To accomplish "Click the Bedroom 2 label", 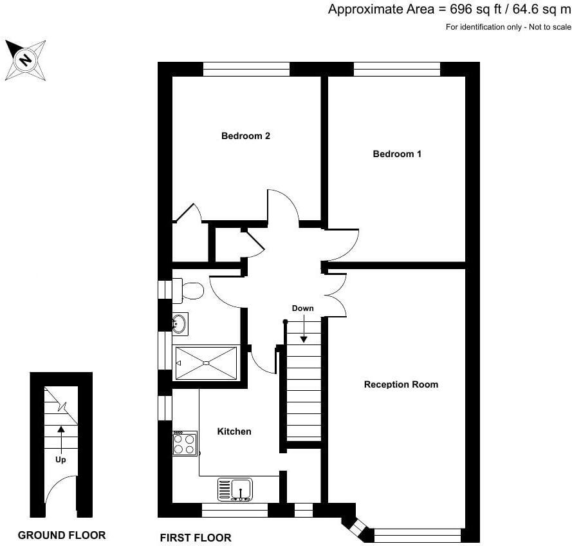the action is pos(245,136).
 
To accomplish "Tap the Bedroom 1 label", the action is pos(397,154).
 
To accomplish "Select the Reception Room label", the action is pos(401,384).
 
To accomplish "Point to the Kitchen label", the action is pos(234,431).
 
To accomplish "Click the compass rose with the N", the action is pos(26,61).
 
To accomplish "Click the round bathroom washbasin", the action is pos(180,324).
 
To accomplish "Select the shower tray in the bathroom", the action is pos(205,363).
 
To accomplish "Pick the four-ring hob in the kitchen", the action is pos(185,444).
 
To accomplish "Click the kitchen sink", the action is pos(235,488).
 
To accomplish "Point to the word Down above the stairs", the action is pos(302,308).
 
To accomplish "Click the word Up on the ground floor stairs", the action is pos(60,460).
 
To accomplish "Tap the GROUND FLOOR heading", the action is pos(62,535).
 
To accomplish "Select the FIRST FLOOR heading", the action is pos(195,538).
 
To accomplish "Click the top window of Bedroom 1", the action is pos(396,69).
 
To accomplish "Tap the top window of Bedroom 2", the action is pos(246,69).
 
